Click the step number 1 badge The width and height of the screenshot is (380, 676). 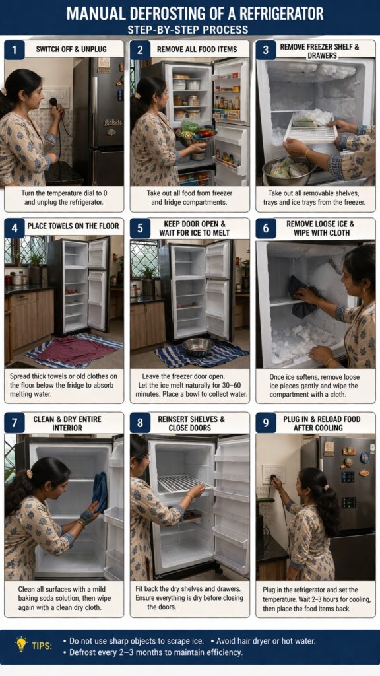[x=15, y=50]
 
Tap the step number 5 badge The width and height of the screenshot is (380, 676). [x=140, y=228]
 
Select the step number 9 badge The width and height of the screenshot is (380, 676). [x=266, y=422]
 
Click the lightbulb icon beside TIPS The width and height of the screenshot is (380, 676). [x=20, y=644]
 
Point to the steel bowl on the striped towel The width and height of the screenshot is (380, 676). [x=197, y=346]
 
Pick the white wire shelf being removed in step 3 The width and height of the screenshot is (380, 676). [x=311, y=128]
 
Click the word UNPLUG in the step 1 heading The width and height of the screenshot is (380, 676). [x=92, y=49]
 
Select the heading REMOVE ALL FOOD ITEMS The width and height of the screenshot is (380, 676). [x=197, y=49]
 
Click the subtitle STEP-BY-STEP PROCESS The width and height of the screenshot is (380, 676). [x=188, y=29]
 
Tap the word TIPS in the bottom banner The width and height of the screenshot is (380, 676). [x=42, y=646]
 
